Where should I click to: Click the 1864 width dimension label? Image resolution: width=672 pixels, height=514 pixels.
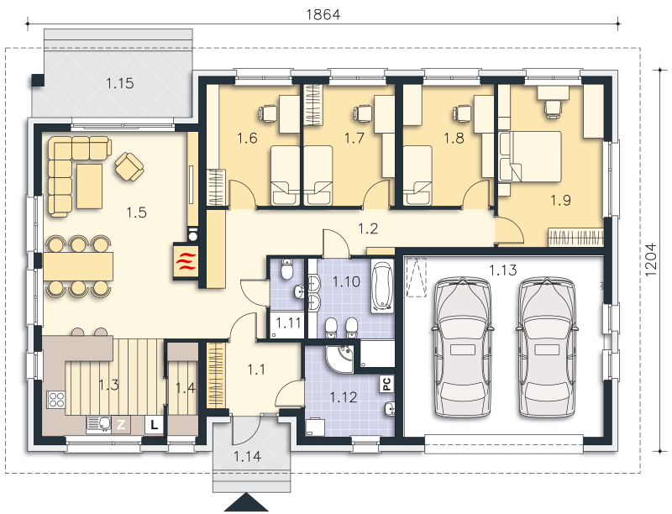point(323,14)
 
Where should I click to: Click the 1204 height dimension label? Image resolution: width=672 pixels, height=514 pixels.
point(649,260)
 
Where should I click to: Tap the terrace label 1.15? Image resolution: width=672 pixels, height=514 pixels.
point(120,82)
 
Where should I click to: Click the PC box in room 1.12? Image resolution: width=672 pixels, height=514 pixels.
point(387,384)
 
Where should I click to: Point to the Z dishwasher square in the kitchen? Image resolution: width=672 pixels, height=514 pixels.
point(121,424)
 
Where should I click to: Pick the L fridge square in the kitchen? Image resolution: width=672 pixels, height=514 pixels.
point(154,425)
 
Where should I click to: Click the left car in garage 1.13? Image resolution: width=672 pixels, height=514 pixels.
point(462,347)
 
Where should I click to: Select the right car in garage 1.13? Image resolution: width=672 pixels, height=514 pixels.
point(547,347)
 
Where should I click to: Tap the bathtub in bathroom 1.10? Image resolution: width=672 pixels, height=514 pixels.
point(381,286)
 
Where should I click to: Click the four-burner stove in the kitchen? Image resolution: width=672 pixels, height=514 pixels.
point(55,400)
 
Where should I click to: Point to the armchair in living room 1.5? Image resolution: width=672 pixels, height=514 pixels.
point(129,166)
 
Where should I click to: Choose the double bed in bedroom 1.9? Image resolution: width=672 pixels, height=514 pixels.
point(530,156)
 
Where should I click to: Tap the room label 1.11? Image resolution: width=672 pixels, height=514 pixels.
point(288,323)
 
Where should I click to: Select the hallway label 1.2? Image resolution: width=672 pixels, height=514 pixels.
point(368,228)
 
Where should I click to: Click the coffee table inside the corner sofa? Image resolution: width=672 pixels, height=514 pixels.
point(89,186)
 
